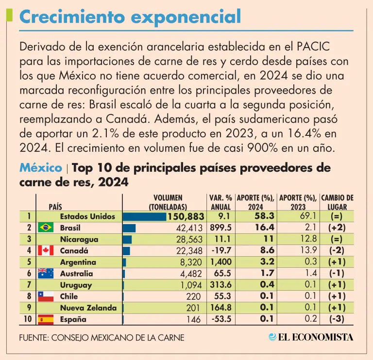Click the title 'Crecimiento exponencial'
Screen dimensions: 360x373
tap(130, 17)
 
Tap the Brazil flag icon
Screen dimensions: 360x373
tap(45, 228)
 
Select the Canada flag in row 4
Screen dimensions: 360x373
tap(45, 250)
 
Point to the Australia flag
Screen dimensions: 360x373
tap(45, 273)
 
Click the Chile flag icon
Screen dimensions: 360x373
tap(45, 296)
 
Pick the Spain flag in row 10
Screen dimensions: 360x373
tap(45, 319)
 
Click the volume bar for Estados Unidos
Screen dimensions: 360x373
tap(145, 216)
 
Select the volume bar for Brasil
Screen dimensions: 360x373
tap(130, 228)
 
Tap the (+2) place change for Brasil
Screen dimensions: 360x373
tap(337, 228)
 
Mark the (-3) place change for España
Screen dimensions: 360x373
tap(337, 319)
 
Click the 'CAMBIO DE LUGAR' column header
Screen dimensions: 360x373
tap(337, 202)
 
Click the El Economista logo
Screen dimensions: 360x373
tap(311, 337)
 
